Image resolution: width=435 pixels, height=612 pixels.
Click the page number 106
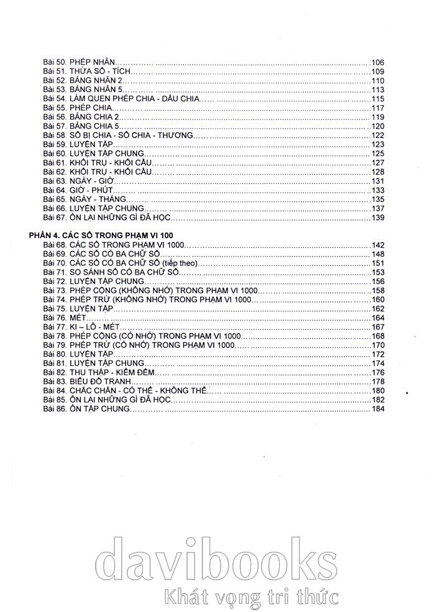(x=378, y=62)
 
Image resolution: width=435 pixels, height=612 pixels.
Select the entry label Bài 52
(x=55, y=81)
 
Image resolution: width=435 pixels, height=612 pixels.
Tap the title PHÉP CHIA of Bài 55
(x=92, y=108)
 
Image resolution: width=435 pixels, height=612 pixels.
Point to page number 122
(x=378, y=135)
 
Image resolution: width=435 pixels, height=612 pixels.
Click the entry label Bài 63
(x=55, y=181)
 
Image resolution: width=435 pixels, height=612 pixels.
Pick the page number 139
(x=378, y=218)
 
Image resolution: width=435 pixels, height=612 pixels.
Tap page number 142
(x=378, y=245)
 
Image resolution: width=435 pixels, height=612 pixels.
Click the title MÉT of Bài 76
(x=81, y=318)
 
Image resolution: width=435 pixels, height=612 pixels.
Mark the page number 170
(x=378, y=345)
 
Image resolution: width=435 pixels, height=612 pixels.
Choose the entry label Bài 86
(x=55, y=409)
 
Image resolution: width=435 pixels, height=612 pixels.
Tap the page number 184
(x=378, y=409)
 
